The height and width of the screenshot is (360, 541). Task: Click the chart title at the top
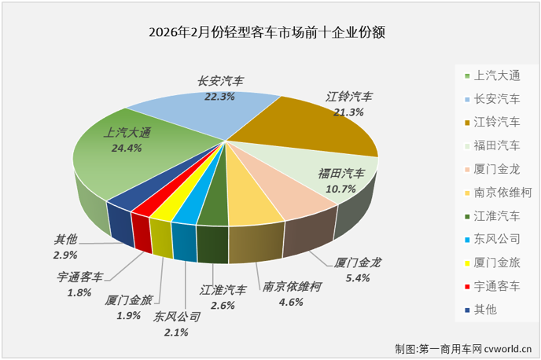pos(270,33)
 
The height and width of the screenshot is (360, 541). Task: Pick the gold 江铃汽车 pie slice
pos(315,126)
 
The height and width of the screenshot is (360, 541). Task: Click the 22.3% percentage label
pos(219,96)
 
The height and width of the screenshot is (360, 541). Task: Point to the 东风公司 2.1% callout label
pos(177,324)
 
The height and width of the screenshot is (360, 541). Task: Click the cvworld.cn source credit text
pos(464,347)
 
